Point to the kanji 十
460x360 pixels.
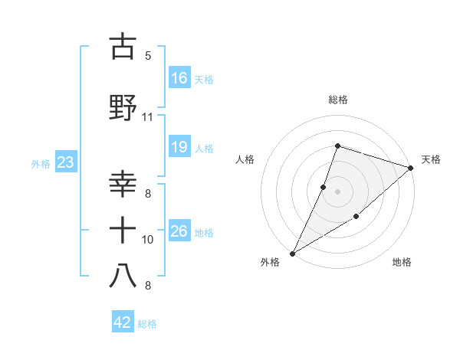point(123,230)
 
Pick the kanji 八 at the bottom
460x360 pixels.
point(123,276)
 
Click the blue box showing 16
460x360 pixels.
point(179,78)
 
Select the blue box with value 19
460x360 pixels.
point(179,147)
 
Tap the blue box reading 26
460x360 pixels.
point(179,231)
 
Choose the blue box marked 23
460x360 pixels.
point(65,162)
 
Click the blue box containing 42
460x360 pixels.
point(123,322)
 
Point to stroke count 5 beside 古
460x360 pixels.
point(147,56)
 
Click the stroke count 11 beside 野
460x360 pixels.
point(147,117)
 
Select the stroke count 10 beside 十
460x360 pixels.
point(148,240)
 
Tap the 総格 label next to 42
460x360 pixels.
point(147,324)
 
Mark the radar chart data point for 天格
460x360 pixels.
point(411,167)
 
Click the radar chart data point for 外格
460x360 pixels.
point(292,253)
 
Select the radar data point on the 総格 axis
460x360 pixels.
point(337,146)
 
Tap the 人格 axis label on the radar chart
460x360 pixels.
point(245,159)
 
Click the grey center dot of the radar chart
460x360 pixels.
point(337,191)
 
